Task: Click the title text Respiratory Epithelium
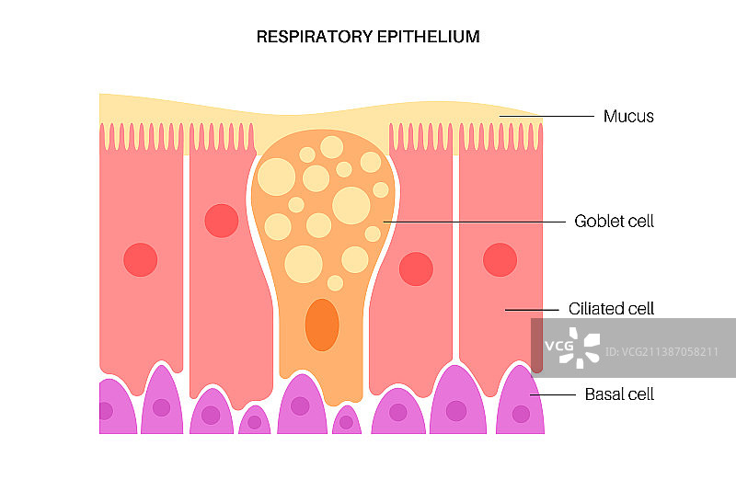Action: pos(368,37)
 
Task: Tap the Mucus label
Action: pos(628,117)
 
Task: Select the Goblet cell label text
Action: pos(614,222)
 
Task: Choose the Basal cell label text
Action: pos(619,394)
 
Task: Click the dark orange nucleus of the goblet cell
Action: pos(322,325)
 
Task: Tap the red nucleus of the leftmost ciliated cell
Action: pos(141,259)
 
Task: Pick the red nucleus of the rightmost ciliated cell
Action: pos(500,259)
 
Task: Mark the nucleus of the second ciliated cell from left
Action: pos(222,221)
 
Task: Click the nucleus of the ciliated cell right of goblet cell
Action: pos(416,268)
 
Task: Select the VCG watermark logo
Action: pos(571,348)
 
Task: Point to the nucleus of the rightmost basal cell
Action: pos(521,414)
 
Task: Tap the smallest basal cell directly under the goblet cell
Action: pos(346,421)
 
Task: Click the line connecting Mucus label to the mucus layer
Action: pos(547,117)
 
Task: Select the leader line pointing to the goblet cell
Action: pos(474,222)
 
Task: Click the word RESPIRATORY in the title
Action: pos(302,37)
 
